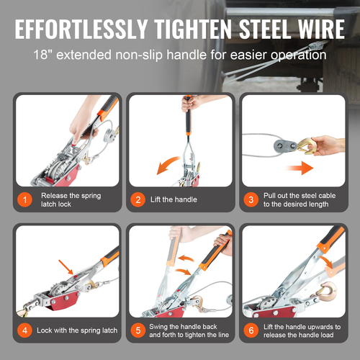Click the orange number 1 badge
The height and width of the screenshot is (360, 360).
point(24,199)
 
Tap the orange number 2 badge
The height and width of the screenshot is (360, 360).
point(138,199)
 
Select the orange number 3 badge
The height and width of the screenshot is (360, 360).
point(251,199)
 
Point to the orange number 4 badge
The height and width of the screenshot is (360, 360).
point(24,330)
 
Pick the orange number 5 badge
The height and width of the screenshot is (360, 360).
point(138,330)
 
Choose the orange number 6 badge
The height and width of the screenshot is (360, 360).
point(251,330)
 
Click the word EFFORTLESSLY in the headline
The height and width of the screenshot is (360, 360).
point(81,29)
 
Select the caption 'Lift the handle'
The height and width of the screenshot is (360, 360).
point(174,199)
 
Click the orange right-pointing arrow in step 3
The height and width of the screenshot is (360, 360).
point(300,168)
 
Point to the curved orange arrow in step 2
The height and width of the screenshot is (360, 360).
point(167,164)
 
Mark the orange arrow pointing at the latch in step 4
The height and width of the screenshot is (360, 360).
point(66,267)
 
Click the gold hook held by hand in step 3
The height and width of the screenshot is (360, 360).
point(305,145)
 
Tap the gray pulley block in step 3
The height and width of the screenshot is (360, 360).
point(285,146)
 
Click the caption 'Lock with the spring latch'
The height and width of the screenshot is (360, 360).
point(77,330)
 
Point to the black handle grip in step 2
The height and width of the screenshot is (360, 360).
point(188,121)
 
